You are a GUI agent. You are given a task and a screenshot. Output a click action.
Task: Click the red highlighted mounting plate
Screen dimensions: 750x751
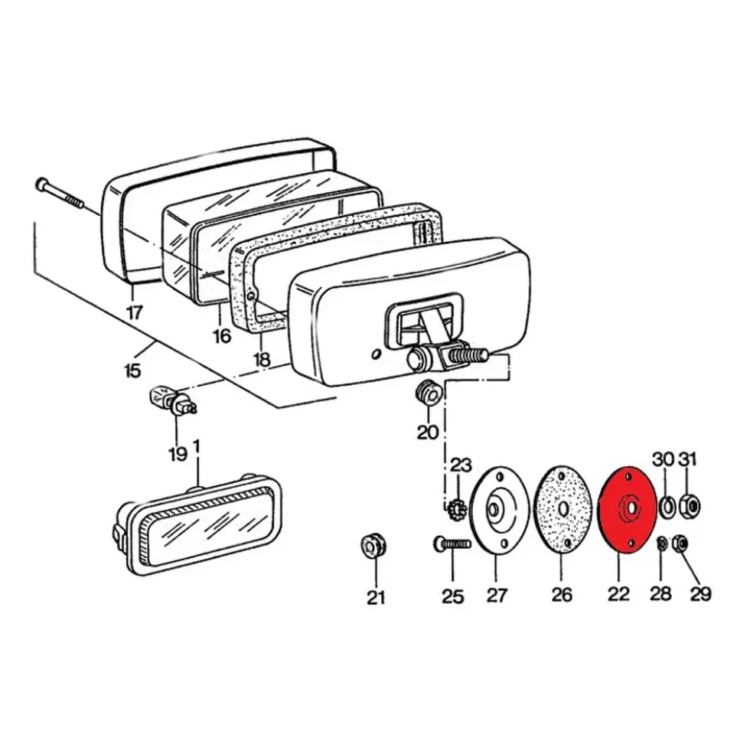tap(628, 510)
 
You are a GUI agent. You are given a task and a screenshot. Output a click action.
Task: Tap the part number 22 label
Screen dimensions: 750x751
tap(618, 594)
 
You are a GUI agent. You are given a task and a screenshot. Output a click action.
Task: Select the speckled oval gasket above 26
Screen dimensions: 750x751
tap(562, 510)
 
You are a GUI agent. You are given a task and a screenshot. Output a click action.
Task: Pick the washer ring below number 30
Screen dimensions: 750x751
tap(667, 508)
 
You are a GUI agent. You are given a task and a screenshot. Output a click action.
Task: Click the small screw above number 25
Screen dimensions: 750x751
tap(452, 544)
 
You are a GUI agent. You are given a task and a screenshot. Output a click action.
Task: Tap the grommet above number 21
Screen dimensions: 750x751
tap(373, 546)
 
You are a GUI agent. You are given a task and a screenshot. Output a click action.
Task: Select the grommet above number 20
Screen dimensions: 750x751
tap(428, 394)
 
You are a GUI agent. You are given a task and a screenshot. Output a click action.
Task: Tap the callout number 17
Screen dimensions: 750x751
tap(134, 312)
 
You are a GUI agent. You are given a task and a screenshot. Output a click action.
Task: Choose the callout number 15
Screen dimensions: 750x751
tap(132, 371)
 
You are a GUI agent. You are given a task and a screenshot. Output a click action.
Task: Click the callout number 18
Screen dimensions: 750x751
tap(262, 359)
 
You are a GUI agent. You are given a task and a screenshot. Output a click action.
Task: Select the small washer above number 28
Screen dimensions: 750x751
tap(661, 544)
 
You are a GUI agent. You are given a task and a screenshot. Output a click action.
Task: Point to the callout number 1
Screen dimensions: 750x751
tap(197, 446)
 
